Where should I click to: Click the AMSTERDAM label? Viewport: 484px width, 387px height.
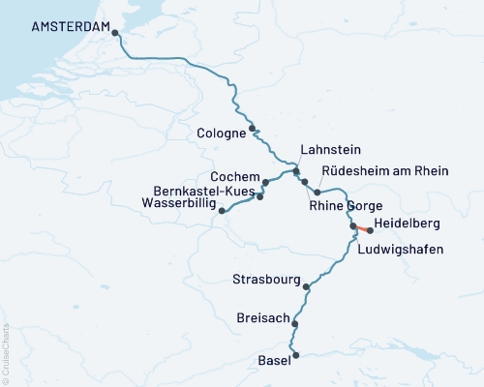tap(72, 28)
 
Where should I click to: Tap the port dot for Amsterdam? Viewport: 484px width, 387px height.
tap(116, 33)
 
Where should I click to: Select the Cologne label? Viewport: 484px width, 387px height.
tap(220, 134)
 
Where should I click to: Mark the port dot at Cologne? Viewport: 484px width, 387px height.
tap(253, 128)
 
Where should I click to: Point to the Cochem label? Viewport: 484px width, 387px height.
tap(235, 178)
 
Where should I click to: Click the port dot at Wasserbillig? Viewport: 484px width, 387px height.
tap(222, 210)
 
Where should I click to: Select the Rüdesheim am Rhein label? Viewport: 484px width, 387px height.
tap(384, 171)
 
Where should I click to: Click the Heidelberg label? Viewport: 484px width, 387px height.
tap(412, 223)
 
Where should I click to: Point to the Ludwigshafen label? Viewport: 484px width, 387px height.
tap(401, 250)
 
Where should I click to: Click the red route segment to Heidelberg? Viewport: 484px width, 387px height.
tap(362, 229)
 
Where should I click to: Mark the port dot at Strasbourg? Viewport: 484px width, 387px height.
tap(307, 286)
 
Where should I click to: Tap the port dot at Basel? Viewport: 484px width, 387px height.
tap(295, 355)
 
